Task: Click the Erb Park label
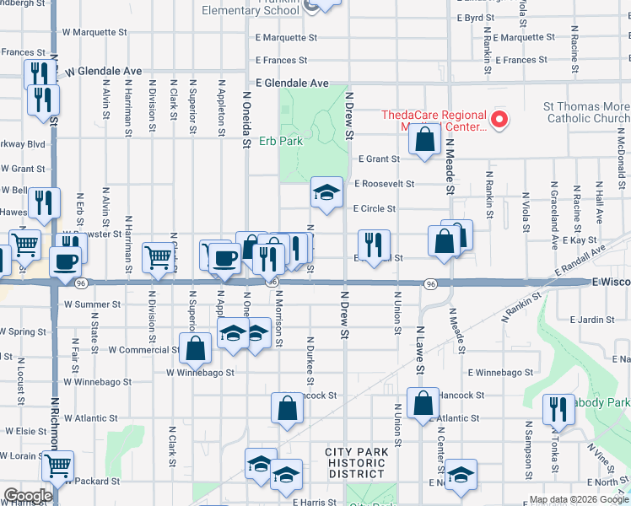(x=280, y=141)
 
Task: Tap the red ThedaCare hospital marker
(x=499, y=120)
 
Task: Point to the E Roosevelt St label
(x=385, y=183)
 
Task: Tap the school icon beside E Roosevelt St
(x=326, y=193)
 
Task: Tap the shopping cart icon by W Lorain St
(x=57, y=466)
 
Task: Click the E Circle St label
(x=375, y=208)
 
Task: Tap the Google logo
(x=29, y=496)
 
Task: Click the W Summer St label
(x=93, y=304)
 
